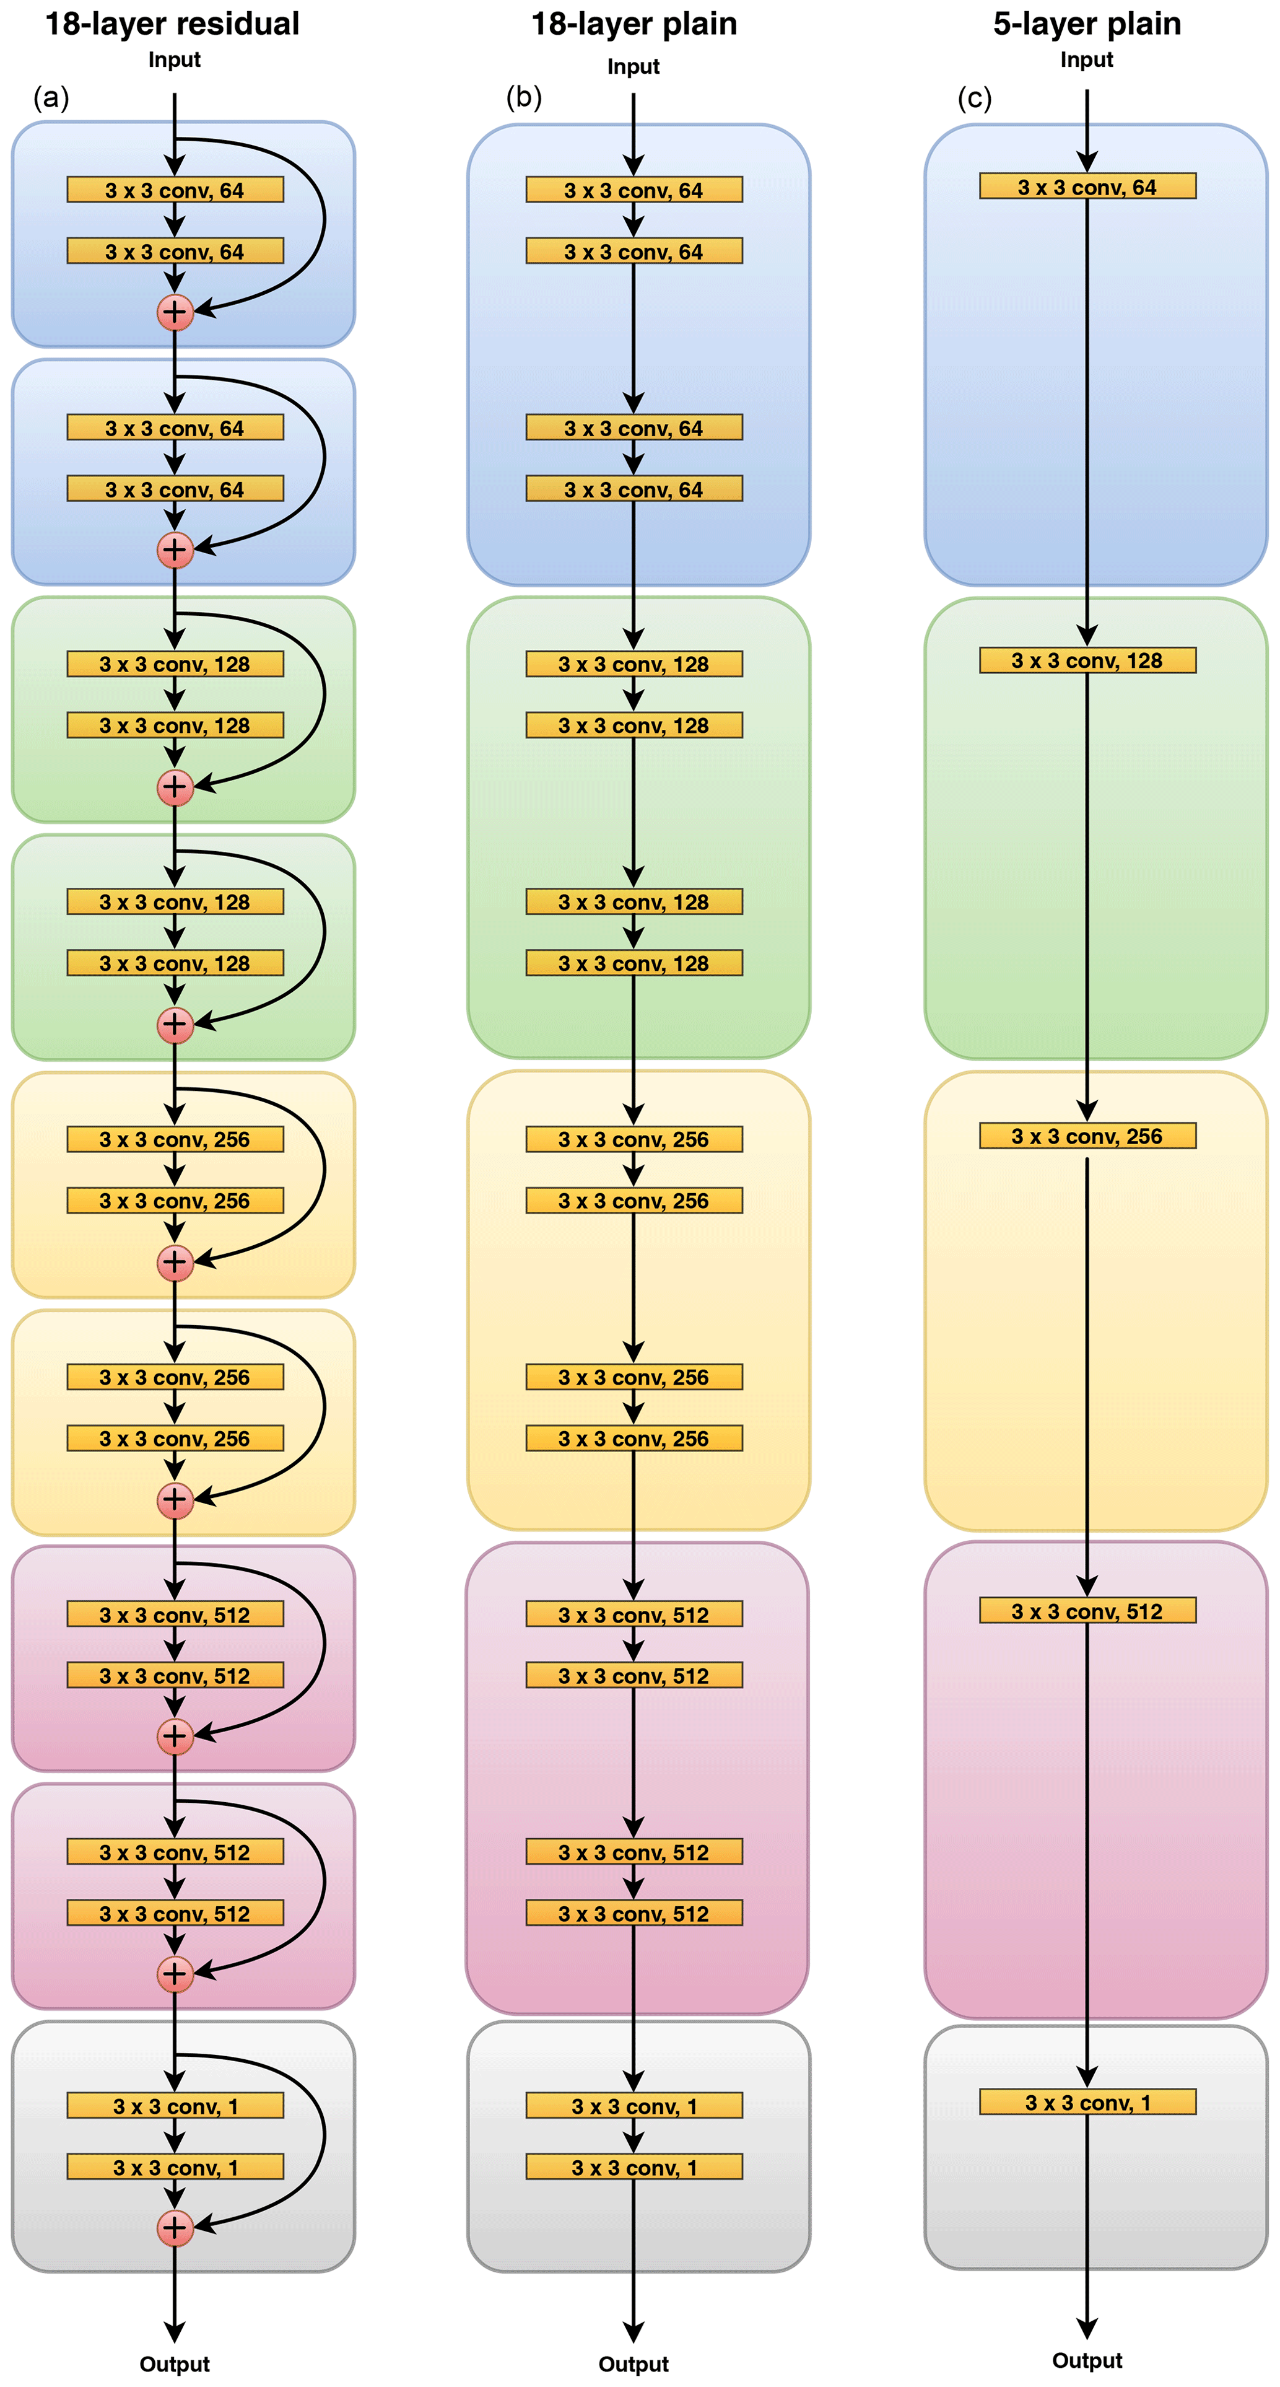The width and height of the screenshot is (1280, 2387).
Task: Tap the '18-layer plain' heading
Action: pos(633,24)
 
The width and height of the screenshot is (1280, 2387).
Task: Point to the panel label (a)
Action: pos(51,97)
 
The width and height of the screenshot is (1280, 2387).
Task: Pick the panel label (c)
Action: pos(974,97)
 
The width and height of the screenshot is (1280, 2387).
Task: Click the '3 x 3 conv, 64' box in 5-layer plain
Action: pos(1087,187)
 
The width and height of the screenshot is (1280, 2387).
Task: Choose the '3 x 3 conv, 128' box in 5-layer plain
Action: pos(1087,660)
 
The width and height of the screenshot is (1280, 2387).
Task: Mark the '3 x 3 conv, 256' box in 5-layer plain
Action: pos(1087,1136)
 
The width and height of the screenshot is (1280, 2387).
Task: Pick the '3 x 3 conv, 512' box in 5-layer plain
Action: pos(1087,1611)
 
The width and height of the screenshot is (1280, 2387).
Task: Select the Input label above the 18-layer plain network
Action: pos(633,67)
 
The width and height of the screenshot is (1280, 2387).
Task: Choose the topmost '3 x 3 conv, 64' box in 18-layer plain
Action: pos(633,190)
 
